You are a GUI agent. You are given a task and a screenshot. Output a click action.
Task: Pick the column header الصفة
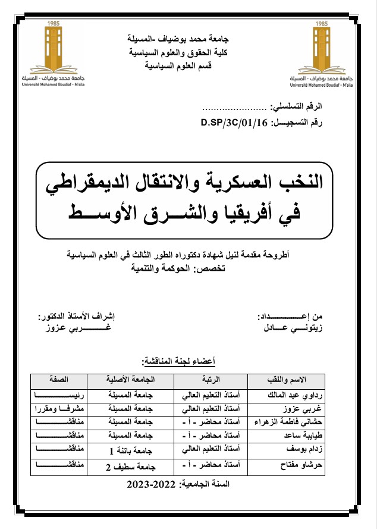(54, 378)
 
